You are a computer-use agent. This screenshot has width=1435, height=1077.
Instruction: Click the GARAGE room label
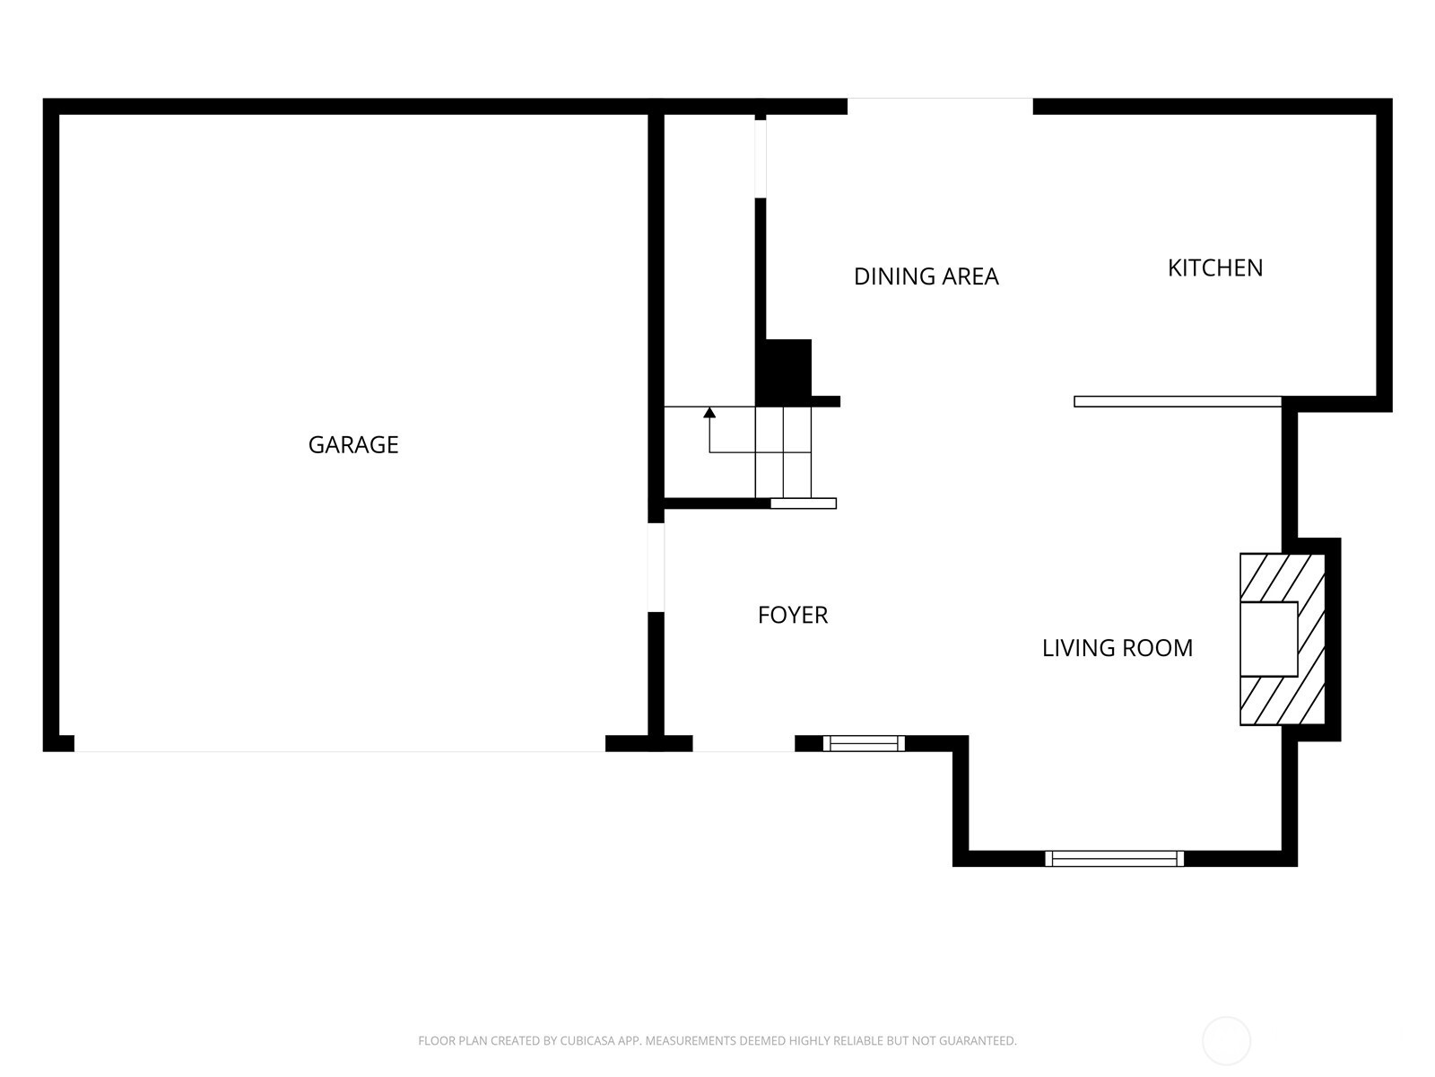tap(353, 444)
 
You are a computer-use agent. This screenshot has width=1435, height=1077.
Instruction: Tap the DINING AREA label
tap(926, 276)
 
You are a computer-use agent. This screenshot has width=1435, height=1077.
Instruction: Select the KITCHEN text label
tap(1214, 268)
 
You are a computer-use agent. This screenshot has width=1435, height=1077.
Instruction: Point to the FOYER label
tap(792, 615)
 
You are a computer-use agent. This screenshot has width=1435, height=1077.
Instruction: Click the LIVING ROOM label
tap(1118, 648)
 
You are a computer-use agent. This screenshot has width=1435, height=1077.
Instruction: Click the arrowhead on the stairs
tap(709, 412)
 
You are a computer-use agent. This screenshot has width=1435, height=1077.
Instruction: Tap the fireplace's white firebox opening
tap(1268, 639)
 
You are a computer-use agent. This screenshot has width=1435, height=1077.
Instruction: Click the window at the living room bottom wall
tap(1114, 859)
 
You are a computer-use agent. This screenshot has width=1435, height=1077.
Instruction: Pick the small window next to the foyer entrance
tap(864, 743)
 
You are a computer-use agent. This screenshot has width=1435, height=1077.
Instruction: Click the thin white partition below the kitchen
tap(1178, 401)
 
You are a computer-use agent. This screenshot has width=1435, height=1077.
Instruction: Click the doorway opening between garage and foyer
tap(656, 567)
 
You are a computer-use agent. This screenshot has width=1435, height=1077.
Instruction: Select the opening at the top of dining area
tap(940, 106)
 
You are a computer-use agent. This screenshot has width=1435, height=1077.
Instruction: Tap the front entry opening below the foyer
tap(744, 743)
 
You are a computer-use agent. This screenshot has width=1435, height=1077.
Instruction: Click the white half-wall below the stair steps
tap(804, 503)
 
